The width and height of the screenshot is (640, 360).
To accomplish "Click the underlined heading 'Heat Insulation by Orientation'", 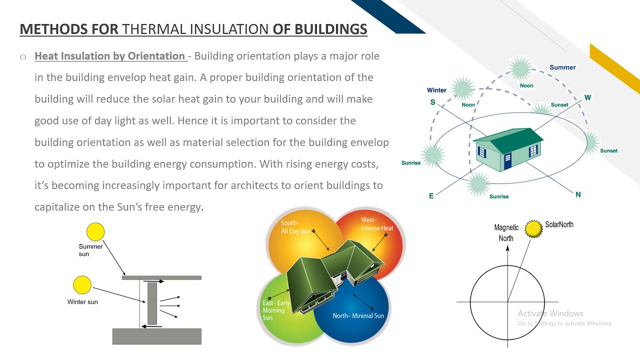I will tap(110, 56).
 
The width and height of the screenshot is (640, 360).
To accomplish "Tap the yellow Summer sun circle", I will tap(95, 232).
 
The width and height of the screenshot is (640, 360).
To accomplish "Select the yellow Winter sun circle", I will tap(82, 285).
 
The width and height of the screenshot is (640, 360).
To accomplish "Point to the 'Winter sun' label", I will tap(82, 302).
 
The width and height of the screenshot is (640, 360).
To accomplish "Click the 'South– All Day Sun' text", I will tap(295, 227).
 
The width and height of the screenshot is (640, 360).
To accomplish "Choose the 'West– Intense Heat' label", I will tap(377, 224).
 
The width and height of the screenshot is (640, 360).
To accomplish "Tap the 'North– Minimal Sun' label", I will tap(358, 316).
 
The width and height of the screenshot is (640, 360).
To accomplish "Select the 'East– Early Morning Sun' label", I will tap(276, 310).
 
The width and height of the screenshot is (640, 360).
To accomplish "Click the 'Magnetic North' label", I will tap(506, 233).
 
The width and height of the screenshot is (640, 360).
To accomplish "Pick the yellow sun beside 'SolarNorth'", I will tap(534, 228).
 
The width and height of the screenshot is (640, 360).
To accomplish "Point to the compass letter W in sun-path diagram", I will tap(587, 97).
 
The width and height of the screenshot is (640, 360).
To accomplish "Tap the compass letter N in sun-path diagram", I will tap(578, 194).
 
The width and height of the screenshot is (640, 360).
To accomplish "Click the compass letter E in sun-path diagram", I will tap(431, 196).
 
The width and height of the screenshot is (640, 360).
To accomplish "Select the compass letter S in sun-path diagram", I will tap(432, 102).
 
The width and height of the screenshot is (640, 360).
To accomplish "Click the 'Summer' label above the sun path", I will tap(562, 67).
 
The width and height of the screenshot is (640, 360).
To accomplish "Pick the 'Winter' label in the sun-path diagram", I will tap(436, 90).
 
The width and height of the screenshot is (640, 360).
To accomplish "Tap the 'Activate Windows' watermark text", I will tap(550, 313).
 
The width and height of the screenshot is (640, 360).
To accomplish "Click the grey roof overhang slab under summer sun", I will tap(161, 277).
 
